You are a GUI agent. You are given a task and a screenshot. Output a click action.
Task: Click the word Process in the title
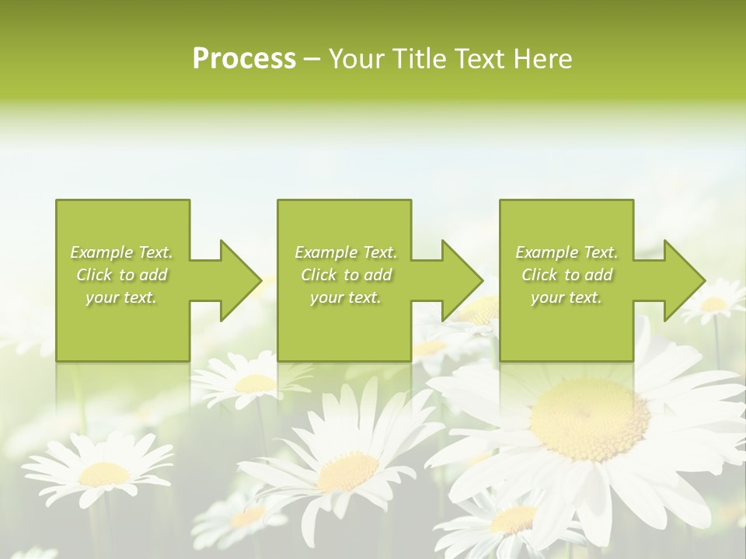(x=244, y=58)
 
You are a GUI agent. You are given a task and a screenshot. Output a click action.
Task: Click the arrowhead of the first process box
(x=237, y=280)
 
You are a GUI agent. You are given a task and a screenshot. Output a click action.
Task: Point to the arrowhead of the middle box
(x=459, y=280)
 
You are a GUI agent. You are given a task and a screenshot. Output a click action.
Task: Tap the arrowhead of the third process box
(x=681, y=280)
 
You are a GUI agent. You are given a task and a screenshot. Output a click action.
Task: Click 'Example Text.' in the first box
(x=121, y=252)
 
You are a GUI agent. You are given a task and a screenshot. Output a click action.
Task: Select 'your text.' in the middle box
(x=345, y=297)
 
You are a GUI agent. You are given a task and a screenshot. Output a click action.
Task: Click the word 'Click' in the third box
(x=539, y=275)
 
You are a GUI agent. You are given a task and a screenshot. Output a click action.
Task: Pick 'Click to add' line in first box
(x=121, y=275)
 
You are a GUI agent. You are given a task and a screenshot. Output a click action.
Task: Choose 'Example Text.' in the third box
(x=566, y=252)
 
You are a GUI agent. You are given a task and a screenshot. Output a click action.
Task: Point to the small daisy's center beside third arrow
(x=713, y=304)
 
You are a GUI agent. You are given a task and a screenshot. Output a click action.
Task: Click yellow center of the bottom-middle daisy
(x=347, y=470)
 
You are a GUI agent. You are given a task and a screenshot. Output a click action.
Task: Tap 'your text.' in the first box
(x=121, y=297)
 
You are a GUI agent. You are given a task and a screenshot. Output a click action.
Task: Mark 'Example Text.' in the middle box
(x=345, y=252)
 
